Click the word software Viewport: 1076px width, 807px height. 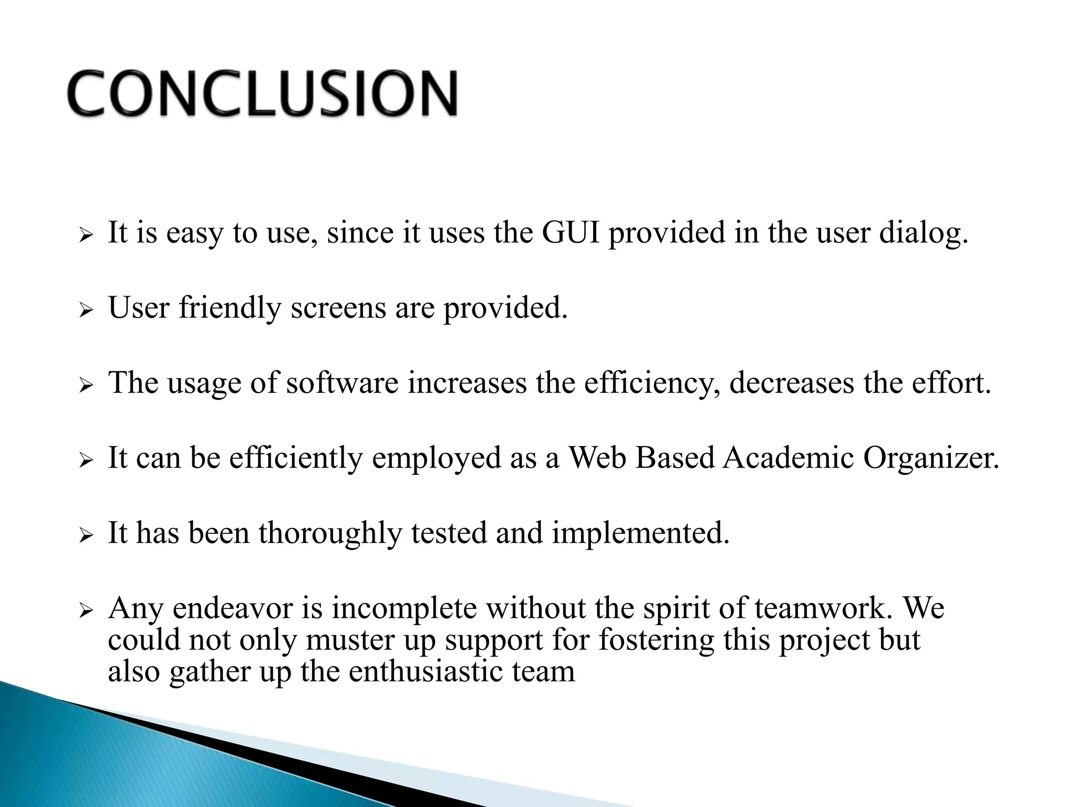point(342,383)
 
